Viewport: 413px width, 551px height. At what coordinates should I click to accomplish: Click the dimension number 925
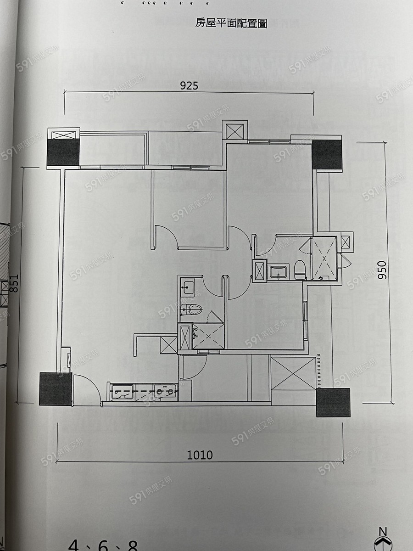click(x=189, y=86)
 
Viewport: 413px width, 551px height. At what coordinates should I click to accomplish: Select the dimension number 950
click(x=382, y=270)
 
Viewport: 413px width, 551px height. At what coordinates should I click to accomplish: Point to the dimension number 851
click(x=14, y=283)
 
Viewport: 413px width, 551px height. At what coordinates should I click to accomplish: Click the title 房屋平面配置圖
click(x=231, y=23)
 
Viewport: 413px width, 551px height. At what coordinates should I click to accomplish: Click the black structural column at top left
click(x=63, y=152)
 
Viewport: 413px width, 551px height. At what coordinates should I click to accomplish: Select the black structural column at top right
click(x=327, y=155)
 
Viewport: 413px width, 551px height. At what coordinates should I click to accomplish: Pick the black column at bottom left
click(x=56, y=389)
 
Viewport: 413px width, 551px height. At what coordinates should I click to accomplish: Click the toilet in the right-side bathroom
click(x=299, y=270)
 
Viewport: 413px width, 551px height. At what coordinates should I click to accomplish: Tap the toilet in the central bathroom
click(x=191, y=309)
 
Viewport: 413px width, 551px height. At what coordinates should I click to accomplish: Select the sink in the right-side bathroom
click(x=279, y=272)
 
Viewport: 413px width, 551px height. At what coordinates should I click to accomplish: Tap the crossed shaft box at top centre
click(x=234, y=131)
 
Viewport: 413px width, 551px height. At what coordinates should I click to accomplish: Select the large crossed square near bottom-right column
click(x=293, y=373)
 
